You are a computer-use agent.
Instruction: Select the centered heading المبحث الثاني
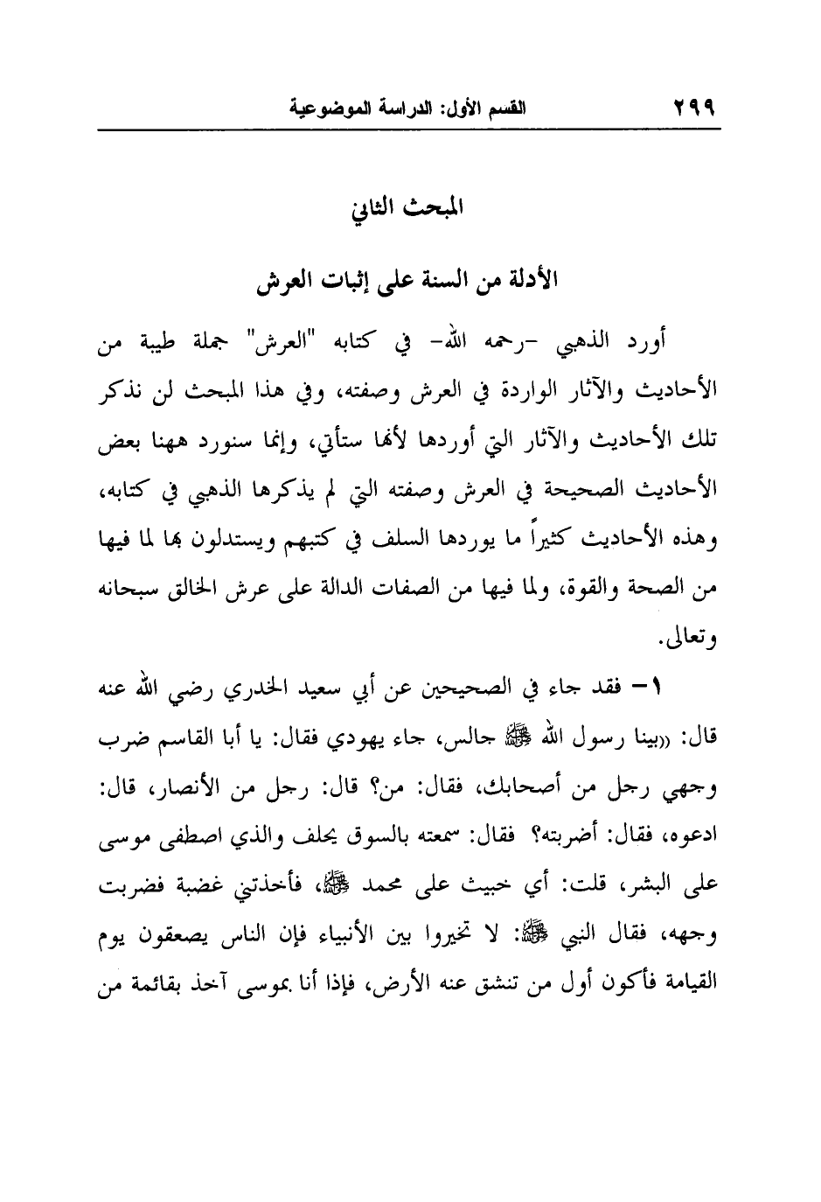[x=407, y=211]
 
